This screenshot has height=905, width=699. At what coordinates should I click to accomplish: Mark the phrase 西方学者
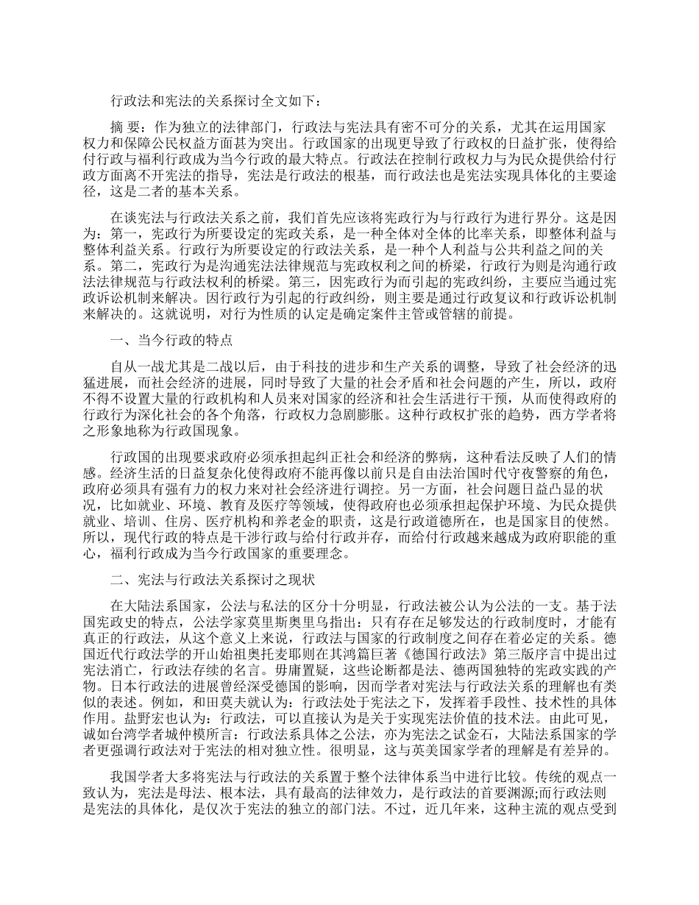558,412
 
